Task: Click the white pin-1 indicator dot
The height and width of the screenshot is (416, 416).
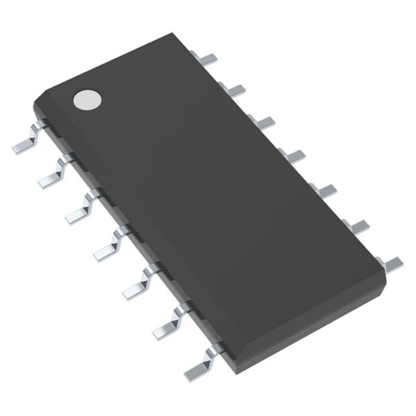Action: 87,99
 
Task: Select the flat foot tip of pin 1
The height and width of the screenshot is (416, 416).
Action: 21,148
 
